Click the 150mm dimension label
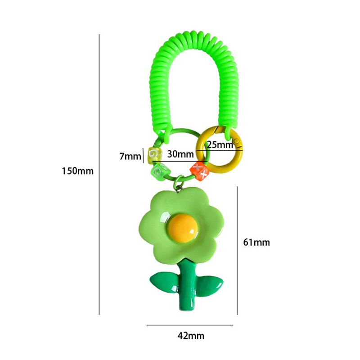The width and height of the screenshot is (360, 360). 77,171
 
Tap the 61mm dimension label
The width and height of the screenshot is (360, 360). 256,243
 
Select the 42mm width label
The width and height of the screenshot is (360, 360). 191,336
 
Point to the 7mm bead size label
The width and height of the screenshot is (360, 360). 130,156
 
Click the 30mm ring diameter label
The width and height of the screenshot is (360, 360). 180,154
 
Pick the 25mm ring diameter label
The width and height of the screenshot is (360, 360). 220,145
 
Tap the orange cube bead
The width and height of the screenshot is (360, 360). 199,171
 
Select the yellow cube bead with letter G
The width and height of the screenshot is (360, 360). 155,155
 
